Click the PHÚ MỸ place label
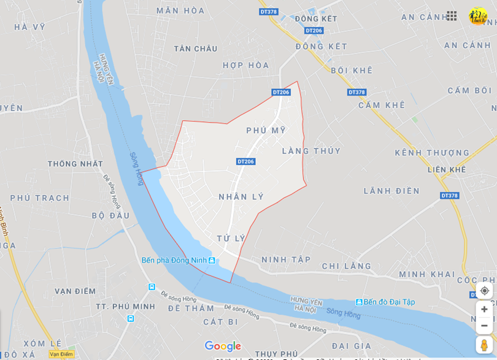(266, 131)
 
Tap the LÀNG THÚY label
(311, 151)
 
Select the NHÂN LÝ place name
(241, 197)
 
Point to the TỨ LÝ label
(231, 238)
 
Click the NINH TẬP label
(286, 259)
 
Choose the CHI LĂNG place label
(347, 266)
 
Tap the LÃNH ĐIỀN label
(391, 191)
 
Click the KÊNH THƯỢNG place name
(432, 153)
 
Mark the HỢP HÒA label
(246, 65)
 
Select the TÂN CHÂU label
(196, 48)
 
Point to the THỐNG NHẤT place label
(75, 164)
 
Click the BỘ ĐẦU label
(110, 215)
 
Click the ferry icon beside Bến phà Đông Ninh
(212, 261)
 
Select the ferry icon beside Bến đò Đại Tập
(359, 302)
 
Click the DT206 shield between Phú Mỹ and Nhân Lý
(245, 161)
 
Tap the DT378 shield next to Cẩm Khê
(356, 92)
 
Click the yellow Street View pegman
(484, 345)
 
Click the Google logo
(223, 346)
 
